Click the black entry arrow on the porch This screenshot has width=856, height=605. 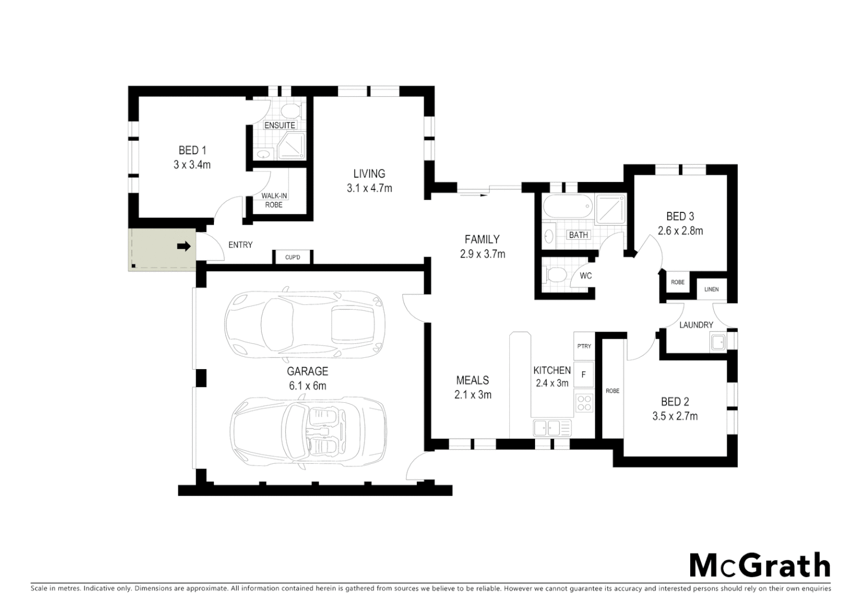[184, 246]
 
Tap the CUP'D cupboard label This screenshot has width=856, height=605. [292, 258]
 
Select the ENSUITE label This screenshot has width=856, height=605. [280, 125]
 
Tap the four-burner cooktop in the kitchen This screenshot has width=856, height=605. [584, 403]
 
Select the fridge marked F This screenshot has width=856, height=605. [584, 375]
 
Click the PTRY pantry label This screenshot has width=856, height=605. [584, 346]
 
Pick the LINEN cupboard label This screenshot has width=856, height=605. [711, 290]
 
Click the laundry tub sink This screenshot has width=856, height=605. [718, 341]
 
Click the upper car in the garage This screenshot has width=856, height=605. [304, 323]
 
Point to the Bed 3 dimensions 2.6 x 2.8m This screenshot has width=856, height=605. [680, 231]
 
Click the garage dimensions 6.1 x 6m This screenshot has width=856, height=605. [307, 385]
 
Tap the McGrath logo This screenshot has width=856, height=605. [759, 565]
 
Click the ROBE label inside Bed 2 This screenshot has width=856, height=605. [612, 391]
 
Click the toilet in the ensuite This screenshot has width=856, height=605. [290, 109]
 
